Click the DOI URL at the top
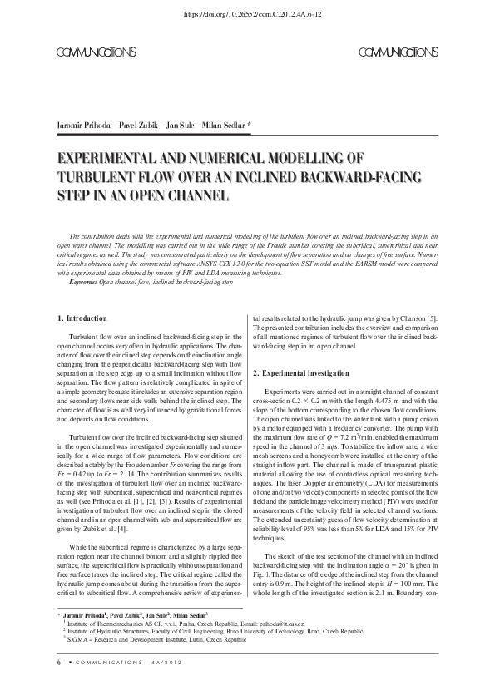(x=247, y=14)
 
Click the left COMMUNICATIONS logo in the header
(x=97, y=52)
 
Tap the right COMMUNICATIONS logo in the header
(x=397, y=52)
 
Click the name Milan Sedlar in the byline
(x=226, y=125)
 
